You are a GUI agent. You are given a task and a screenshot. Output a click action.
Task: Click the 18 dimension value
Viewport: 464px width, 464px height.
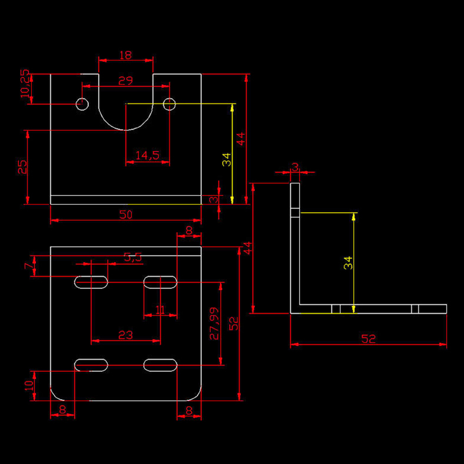[x=125, y=55]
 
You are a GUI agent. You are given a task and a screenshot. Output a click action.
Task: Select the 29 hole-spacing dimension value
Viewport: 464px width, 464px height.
[x=125, y=81]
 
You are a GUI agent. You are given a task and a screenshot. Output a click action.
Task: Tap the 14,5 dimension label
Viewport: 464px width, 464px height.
[x=147, y=156]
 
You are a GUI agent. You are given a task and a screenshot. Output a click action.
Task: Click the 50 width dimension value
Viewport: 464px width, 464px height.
[x=126, y=214]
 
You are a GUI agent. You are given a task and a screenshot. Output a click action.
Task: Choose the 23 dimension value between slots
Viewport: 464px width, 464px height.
[x=125, y=334]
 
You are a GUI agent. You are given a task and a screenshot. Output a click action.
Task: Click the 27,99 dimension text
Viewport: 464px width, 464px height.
[x=214, y=323]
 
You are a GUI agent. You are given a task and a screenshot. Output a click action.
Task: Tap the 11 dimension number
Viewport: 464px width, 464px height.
[x=160, y=310]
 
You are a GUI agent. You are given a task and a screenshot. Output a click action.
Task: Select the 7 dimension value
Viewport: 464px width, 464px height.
[x=29, y=266]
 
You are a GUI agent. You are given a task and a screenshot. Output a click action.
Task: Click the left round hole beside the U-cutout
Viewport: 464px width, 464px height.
[x=82, y=104]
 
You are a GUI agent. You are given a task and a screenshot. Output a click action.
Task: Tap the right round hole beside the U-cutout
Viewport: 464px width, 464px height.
[x=169, y=104]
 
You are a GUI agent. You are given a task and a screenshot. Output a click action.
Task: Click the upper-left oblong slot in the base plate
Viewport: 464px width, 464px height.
[x=91, y=282]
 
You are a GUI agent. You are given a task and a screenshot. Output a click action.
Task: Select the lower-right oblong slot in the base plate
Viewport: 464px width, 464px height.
[x=160, y=365]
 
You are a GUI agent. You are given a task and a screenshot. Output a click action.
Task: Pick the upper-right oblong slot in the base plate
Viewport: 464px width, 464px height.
[x=160, y=282]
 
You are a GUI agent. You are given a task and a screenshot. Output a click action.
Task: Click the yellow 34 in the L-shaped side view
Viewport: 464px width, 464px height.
[x=348, y=263]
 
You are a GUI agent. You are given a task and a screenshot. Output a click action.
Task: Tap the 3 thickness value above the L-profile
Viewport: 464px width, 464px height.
[x=295, y=167]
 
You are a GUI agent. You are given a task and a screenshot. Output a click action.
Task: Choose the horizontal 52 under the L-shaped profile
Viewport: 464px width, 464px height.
[x=368, y=339]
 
